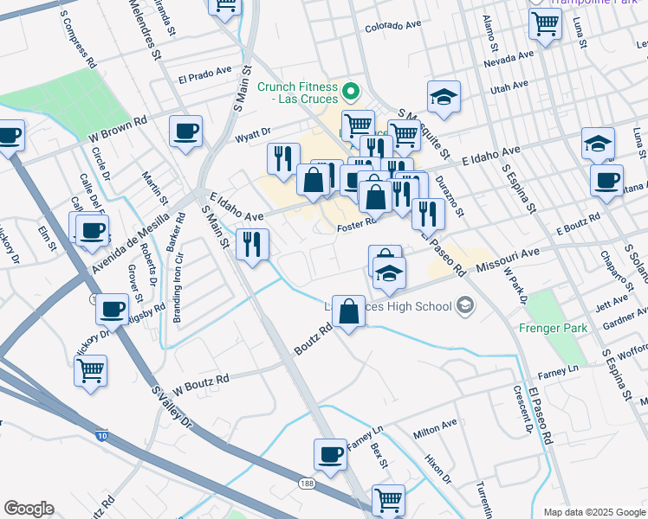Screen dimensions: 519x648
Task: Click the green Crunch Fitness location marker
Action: click(x=351, y=90)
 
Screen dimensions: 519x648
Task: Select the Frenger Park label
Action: click(x=553, y=328)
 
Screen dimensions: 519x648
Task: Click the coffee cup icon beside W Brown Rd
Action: click(x=185, y=132)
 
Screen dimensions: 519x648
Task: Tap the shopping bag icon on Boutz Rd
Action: click(x=348, y=313)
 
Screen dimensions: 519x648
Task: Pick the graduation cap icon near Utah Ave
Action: click(x=444, y=97)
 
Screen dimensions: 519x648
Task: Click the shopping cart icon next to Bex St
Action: click(x=388, y=500)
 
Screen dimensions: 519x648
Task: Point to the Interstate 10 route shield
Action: click(x=102, y=437)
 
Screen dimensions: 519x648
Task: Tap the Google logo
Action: click(x=29, y=509)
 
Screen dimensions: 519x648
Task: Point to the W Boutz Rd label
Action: click(x=200, y=381)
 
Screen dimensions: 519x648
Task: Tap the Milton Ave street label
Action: click(x=435, y=427)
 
